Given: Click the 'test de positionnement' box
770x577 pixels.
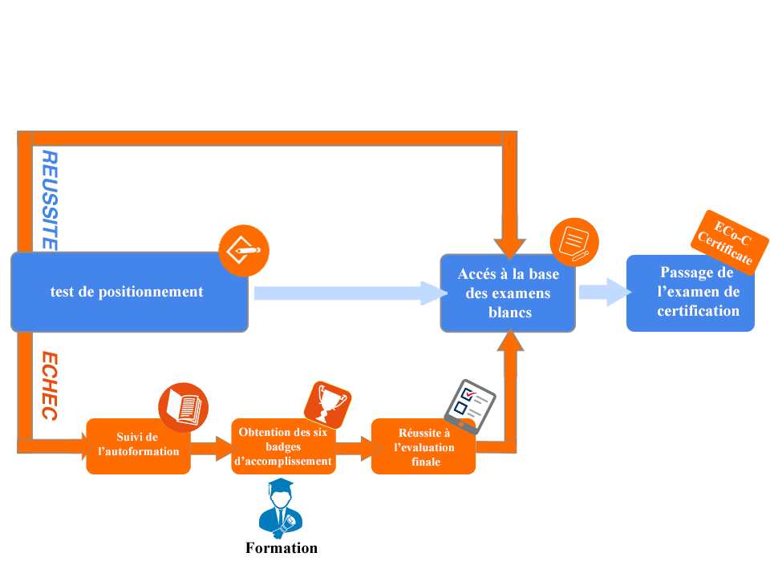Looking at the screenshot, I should [x=128, y=293].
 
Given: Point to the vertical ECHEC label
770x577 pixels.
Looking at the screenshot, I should [x=49, y=385].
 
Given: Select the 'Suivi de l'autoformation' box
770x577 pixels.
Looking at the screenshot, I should [x=138, y=446].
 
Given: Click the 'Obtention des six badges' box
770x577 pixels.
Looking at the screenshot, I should [x=283, y=446].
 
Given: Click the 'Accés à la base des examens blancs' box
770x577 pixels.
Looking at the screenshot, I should [x=508, y=293].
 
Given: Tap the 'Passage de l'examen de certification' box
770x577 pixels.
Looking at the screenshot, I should [x=691, y=293].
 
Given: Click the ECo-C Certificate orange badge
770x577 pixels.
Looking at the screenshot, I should [x=728, y=240].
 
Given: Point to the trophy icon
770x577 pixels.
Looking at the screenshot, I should [x=327, y=402].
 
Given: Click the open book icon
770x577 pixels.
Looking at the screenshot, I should [x=184, y=407].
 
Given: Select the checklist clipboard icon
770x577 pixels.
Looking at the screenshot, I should [x=469, y=404].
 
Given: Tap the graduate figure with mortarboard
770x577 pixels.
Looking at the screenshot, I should [x=281, y=509].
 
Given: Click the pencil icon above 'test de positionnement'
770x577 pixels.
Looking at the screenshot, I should [x=244, y=250].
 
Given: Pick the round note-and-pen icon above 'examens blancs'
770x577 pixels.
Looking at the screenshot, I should [x=574, y=241].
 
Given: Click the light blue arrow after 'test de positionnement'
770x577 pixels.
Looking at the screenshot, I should [x=349, y=293].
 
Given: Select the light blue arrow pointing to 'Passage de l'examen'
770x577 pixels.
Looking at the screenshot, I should [x=602, y=293].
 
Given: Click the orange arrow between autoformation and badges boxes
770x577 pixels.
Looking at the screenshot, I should [x=211, y=450].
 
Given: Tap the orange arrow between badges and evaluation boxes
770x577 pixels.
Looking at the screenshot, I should [x=353, y=449].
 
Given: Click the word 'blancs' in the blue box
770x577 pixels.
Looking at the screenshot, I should [x=510, y=313].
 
